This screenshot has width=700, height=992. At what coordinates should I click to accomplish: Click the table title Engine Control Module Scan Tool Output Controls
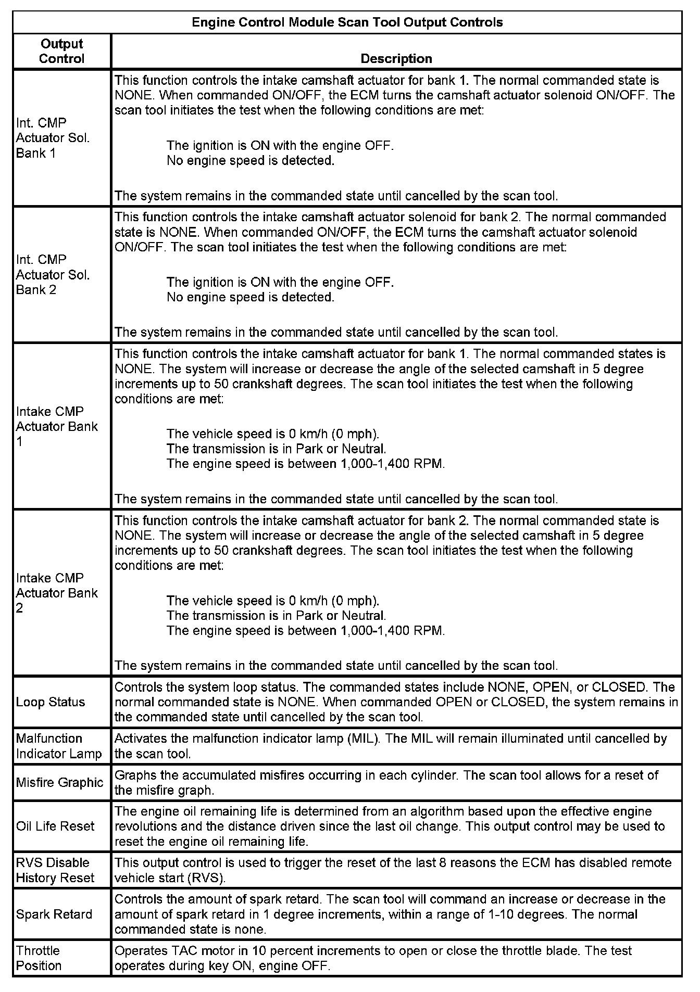[x=347, y=22]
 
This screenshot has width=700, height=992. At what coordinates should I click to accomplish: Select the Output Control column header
[x=61, y=51]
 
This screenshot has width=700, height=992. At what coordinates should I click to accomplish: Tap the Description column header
[x=396, y=58]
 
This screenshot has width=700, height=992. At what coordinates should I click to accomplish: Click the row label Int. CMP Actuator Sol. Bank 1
[x=53, y=138]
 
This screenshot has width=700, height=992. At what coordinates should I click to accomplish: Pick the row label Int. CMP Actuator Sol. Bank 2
[x=53, y=274]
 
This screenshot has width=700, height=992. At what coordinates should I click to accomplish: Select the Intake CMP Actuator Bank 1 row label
[x=57, y=426]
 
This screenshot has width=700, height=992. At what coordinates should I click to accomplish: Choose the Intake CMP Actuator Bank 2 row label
[x=57, y=593]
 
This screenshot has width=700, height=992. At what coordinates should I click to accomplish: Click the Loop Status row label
[x=51, y=702]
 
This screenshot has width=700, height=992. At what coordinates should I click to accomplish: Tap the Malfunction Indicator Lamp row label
[x=59, y=746]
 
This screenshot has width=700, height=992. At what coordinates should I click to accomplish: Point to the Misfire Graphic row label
[x=59, y=782]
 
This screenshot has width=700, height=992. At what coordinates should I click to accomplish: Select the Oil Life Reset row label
[x=55, y=826]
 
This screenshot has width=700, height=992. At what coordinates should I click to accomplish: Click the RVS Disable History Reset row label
[x=55, y=870]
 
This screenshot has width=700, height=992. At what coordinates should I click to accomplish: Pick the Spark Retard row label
[x=54, y=914]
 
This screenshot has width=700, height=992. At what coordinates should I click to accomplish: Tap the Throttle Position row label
[x=39, y=958]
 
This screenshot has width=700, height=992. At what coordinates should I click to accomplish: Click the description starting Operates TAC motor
[x=372, y=958]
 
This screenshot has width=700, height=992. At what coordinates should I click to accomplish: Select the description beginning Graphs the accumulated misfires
[x=386, y=782]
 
